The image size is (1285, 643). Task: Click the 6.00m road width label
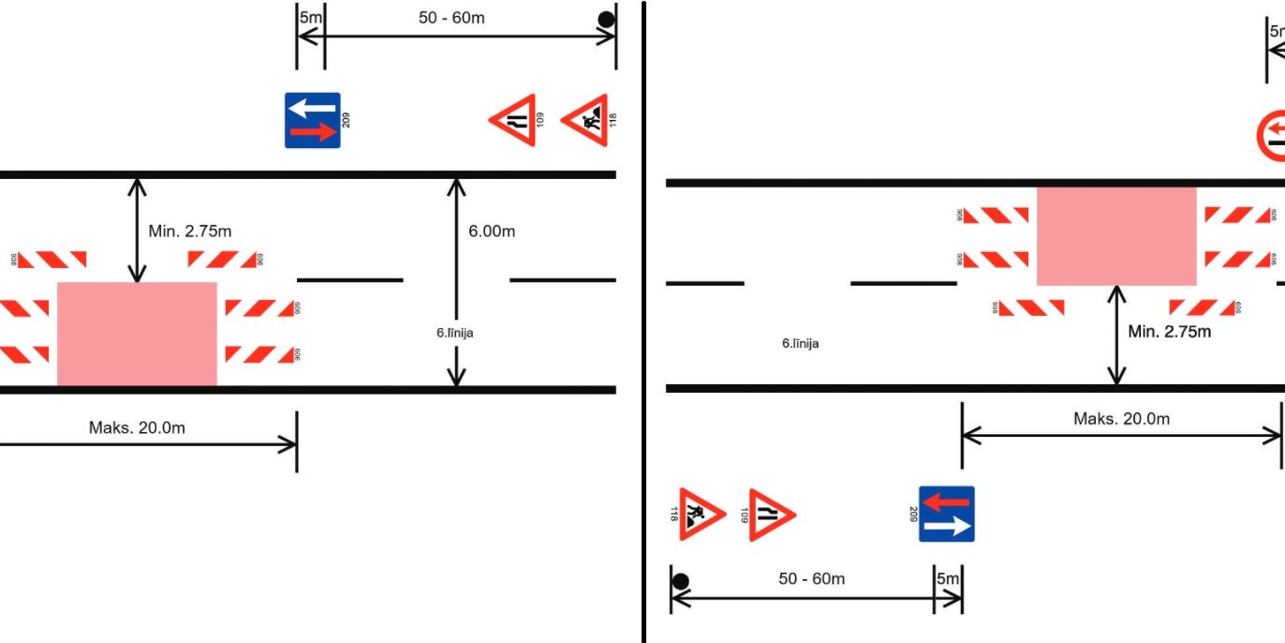pyautogui.click(x=492, y=232)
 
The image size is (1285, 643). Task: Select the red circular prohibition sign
pyautogui.click(x=1271, y=136)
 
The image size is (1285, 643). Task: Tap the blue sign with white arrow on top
pyautogui.click(x=313, y=120)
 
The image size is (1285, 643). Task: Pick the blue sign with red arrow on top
pyautogui.click(x=947, y=514)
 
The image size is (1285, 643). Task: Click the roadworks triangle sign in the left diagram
pyautogui.click(x=585, y=120)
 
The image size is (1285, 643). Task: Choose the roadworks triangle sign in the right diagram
pyautogui.click(x=702, y=514)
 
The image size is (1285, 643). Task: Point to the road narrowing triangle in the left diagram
pyautogui.click(x=513, y=120)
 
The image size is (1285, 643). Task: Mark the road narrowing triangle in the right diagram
pyautogui.click(x=772, y=514)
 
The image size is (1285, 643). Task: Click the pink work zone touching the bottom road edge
pyautogui.click(x=137, y=333)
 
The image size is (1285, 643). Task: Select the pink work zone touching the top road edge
pyautogui.click(x=1115, y=235)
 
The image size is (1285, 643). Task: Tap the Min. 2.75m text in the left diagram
pyautogui.click(x=190, y=232)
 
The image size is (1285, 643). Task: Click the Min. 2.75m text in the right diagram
pyautogui.click(x=1169, y=331)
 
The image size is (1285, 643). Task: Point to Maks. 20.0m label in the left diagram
pyautogui.click(x=137, y=428)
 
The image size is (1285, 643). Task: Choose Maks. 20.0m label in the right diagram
pyautogui.click(x=1121, y=419)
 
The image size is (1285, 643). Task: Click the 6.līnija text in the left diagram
pyautogui.click(x=454, y=332)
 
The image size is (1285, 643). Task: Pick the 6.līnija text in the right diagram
pyautogui.click(x=800, y=344)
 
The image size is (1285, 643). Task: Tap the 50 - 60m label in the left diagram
pyautogui.click(x=451, y=18)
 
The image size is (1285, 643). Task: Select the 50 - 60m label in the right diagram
pyautogui.click(x=811, y=579)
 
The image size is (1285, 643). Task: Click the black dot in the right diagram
pyautogui.click(x=681, y=581)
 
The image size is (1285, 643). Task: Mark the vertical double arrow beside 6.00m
pyautogui.click(x=456, y=282)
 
